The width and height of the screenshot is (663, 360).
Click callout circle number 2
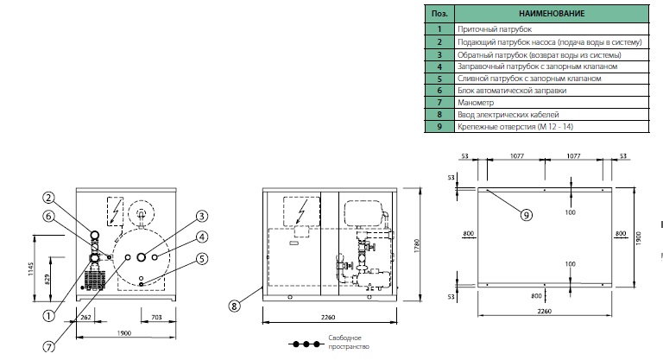tap(48, 198)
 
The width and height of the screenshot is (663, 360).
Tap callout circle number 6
tap(48, 216)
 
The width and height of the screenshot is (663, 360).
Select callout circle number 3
tap(202, 216)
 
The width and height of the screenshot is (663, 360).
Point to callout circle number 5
tap(203, 258)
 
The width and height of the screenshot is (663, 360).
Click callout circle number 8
tap(234, 305)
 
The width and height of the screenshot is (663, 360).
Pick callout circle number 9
tap(526, 215)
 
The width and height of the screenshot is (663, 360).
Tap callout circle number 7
tap(49, 347)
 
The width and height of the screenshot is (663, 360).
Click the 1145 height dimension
tap(31, 269)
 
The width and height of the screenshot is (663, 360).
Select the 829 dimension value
tap(47, 279)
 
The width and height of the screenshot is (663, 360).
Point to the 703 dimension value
tap(156, 318)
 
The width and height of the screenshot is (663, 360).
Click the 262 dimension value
tap(85, 318)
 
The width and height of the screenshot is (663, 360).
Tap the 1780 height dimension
tap(416, 246)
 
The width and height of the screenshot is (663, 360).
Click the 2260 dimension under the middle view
tap(328, 318)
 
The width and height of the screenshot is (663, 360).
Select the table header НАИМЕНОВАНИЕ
tap(552, 14)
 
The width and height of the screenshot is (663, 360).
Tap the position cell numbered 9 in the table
tap(439, 127)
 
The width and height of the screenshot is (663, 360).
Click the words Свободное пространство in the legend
tap(349, 342)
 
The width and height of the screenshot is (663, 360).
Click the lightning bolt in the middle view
tap(301, 212)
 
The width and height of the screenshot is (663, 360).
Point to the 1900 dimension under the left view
tap(124, 333)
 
